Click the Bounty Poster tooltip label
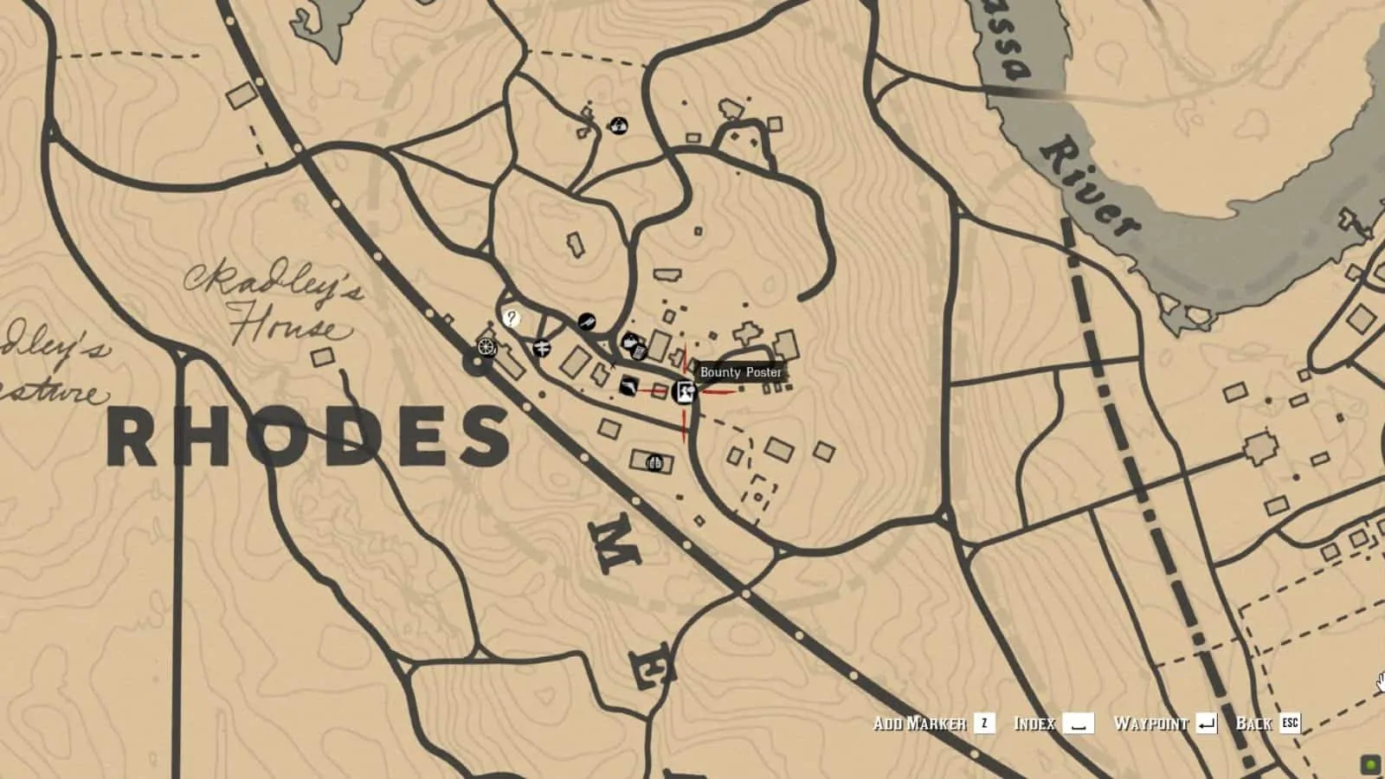pyautogui.click(x=741, y=372)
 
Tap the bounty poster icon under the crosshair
pyautogui.click(x=684, y=392)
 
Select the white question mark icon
pyautogui.click(x=512, y=318)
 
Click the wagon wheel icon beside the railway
pyautogui.click(x=486, y=346)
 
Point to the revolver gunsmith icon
pyautogui.click(x=587, y=322)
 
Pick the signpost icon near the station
pyautogui.click(x=543, y=348)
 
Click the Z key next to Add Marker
pyautogui.click(x=984, y=723)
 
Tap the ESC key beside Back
pyautogui.click(x=1290, y=723)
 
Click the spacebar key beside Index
pyautogui.click(x=1078, y=723)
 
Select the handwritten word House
pyautogui.click(x=281, y=325)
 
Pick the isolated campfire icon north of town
pyautogui.click(x=618, y=126)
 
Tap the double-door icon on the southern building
pyautogui.click(x=654, y=462)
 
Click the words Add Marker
pyautogui.click(x=919, y=723)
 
